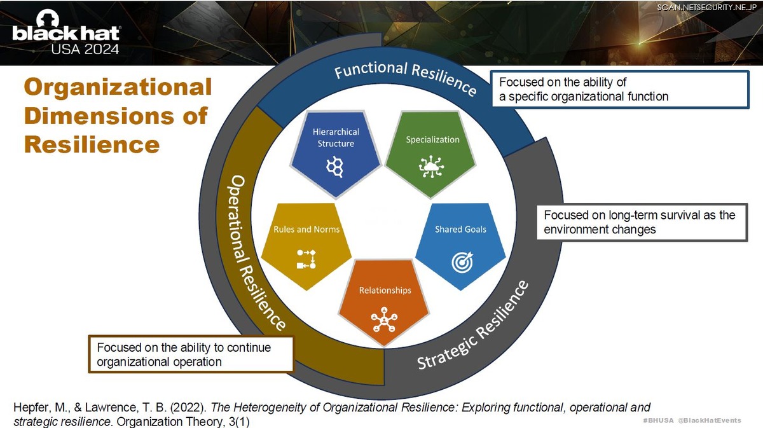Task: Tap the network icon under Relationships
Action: coord(384,319)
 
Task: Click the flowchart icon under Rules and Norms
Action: coord(306,259)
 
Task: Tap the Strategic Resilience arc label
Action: coord(474,325)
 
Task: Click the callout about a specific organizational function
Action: coord(620,90)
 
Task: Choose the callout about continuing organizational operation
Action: coord(190,354)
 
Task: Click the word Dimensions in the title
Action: coord(116,116)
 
